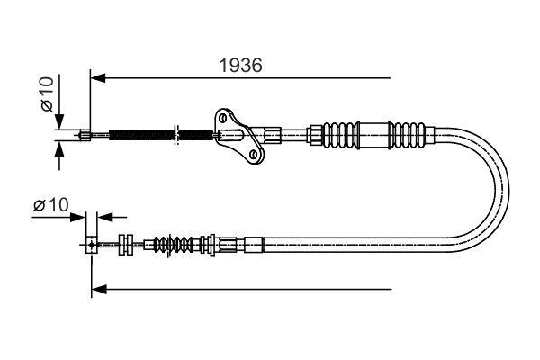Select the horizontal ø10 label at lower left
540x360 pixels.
pyautogui.click(x=51, y=206)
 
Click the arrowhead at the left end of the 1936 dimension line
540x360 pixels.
pyautogui.click(x=97, y=78)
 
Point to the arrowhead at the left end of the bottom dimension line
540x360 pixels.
pyautogui.click(x=98, y=289)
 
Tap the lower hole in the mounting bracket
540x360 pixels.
pyautogui.click(x=254, y=155)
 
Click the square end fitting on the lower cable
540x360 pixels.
pyautogui.click(x=92, y=243)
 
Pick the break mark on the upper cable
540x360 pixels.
pyautogui.click(x=178, y=136)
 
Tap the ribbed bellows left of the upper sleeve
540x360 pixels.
pyautogui.click(x=339, y=136)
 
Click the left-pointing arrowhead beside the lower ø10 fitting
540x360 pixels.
pyautogui.click(x=103, y=217)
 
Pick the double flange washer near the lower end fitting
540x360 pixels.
pyautogui.click(x=125, y=243)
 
